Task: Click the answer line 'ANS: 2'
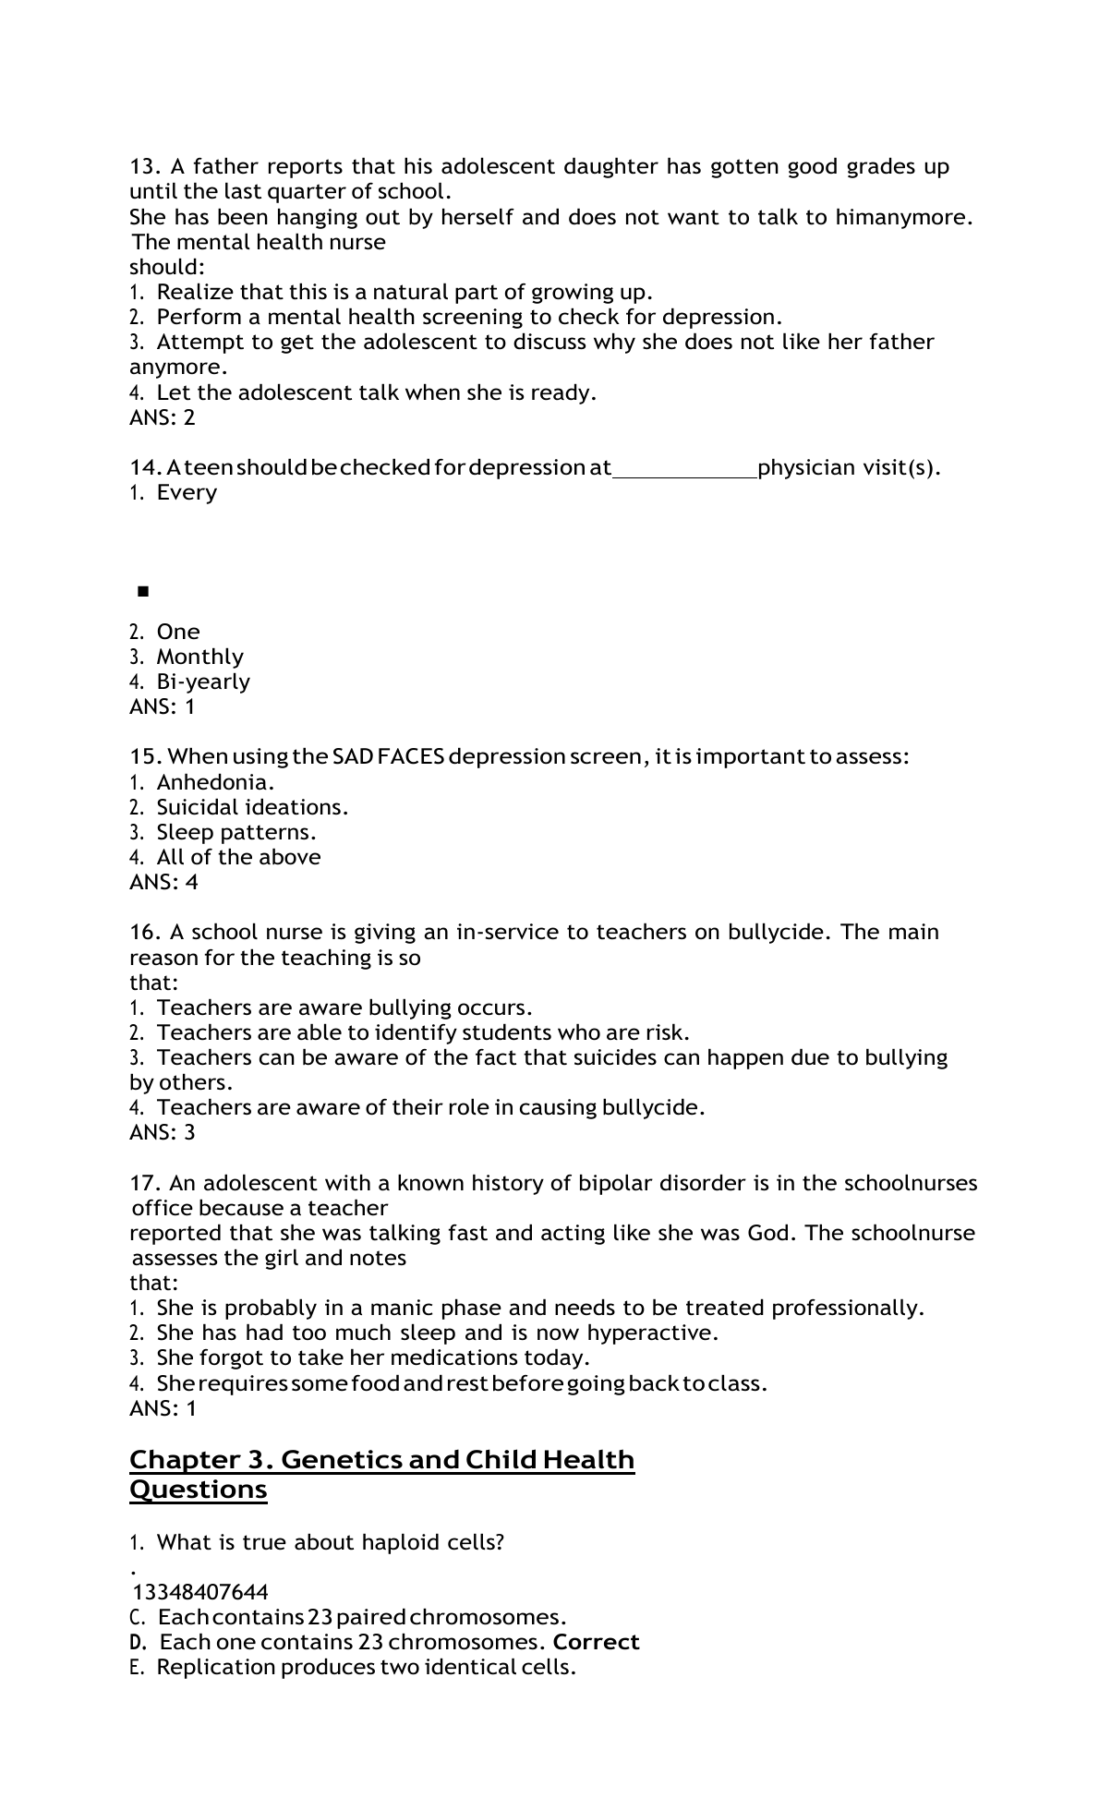163,417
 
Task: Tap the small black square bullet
142,591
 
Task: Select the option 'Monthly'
199,657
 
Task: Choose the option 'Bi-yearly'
203,682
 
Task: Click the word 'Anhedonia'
214,782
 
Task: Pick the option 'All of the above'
238,857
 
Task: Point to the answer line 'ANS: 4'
163,882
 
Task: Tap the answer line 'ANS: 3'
163,1132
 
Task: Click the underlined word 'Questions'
199,1490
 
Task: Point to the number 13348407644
200,1592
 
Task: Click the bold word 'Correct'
596,1642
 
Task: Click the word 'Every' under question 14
187,492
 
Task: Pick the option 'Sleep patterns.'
236,832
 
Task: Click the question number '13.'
146,167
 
